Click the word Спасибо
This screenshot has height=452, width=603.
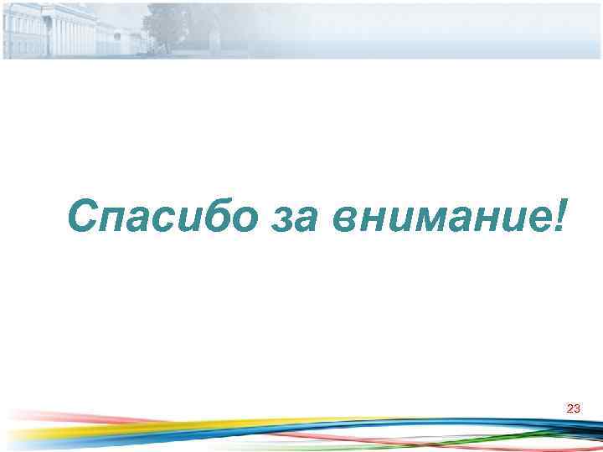pos(163,218)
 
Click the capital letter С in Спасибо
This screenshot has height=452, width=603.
pos(85,218)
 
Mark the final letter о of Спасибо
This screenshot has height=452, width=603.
pos(245,221)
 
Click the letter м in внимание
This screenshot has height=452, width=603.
pos(419,221)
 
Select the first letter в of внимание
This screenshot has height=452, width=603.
pos(346,221)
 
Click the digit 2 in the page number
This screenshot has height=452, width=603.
pos(570,408)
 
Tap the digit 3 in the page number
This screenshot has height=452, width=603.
pos(577,408)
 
